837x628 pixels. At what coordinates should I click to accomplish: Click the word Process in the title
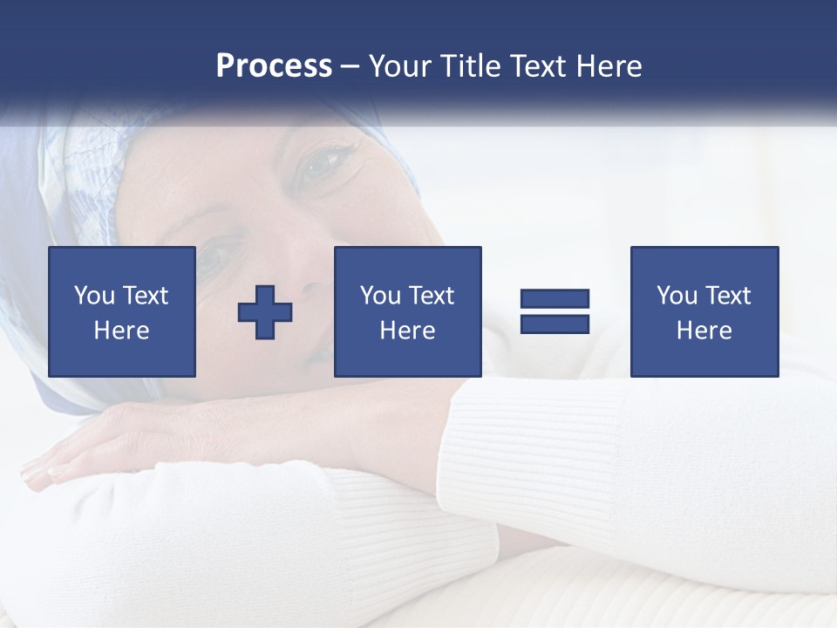click(x=274, y=66)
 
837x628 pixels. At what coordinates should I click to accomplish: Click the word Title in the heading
click(x=470, y=66)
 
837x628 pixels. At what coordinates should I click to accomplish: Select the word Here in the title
click(x=609, y=66)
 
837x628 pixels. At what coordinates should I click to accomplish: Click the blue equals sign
click(x=555, y=311)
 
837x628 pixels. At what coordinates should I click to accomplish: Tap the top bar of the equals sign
click(x=555, y=299)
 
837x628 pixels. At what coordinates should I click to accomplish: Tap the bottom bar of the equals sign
click(x=555, y=324)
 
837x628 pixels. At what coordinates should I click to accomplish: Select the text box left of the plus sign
click(x=122, y=311)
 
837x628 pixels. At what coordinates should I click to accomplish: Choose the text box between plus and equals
click(x=407, y=311)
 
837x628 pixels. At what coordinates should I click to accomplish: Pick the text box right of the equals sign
click(x=704, y=311)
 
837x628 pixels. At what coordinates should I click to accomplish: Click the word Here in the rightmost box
click(x=704, y=331)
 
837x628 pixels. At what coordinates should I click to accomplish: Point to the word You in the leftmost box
click(x=92, y=296)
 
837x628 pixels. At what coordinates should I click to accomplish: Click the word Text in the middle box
click(x=431, y=296)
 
